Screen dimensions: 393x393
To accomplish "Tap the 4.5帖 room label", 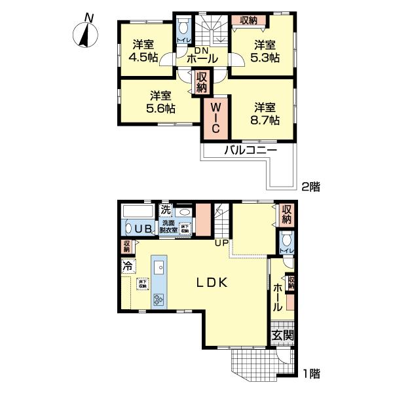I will point(143,51).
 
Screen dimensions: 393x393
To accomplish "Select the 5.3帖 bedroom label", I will point(265,51).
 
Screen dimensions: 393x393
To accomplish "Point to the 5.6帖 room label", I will point(161,102).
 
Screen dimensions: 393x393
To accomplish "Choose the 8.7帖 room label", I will point(266,113).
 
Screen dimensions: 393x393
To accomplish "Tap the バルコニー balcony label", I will point(251,151).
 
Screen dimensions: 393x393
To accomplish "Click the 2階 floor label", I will point(310,186).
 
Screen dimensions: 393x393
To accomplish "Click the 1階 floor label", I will point(310,374).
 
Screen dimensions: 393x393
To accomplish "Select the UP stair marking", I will point(222,244).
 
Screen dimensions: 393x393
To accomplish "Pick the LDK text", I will point(212,283).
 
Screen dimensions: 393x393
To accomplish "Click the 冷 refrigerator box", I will point(128,267).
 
